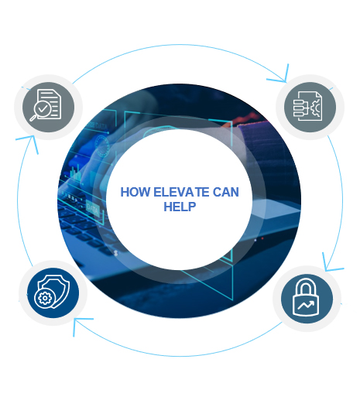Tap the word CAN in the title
pos(226,193)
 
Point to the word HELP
pos(180,207)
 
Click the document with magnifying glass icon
pos(46,105)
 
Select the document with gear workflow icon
pos(308,106)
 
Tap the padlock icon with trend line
pos(306,297)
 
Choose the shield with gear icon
pos(52,292)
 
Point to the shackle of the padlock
pos(306,286)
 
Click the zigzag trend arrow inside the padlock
pos(306,305)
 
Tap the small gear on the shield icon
pos(45,299)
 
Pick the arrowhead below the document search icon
pos(29,143)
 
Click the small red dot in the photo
pos(262,238)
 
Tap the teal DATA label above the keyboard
pos(92,208)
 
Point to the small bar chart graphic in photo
pos(76,173)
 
